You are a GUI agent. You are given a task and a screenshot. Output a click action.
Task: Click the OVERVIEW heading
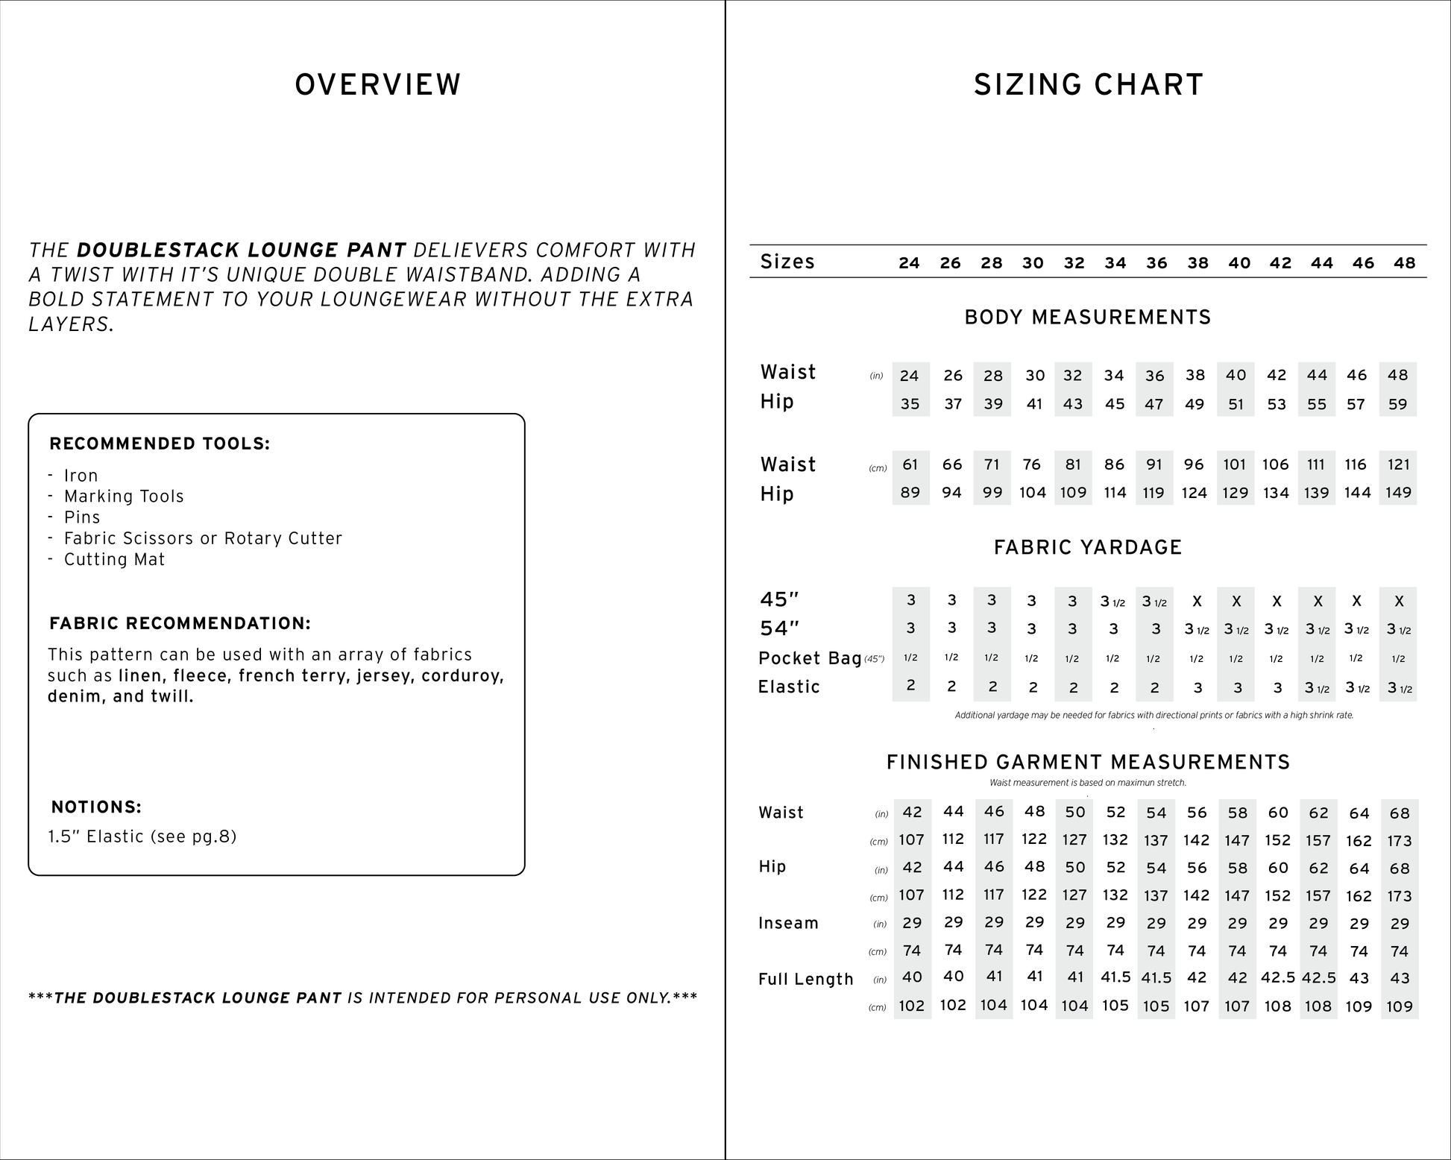tap(378, 85)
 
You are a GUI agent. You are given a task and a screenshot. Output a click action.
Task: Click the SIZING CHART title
tap(1089, 85)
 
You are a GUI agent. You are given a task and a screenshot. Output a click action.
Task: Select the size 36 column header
tap(1156, 262)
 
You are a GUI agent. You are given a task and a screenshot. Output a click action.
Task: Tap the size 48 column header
tap(1404, 262)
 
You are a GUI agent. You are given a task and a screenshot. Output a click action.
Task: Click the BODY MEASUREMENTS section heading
tap(1088, 318)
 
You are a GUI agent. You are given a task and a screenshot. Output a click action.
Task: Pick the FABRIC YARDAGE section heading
tap(1088, 548)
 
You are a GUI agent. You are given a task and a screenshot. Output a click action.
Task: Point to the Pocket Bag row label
tap(810, 658)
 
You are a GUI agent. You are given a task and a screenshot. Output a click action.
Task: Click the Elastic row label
tap(789, 687)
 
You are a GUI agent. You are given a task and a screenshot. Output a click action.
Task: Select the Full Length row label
tap(805, 979)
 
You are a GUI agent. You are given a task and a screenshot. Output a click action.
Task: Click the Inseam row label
tap(788, 923)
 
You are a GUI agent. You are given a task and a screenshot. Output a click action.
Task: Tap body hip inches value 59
tap(1398, 404)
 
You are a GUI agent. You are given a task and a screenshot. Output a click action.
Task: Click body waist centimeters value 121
tap(1399, 464)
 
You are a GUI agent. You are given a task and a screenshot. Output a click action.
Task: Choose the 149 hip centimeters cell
tap(1399, 493)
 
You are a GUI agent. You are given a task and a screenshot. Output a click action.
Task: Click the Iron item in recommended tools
tap(81, 476)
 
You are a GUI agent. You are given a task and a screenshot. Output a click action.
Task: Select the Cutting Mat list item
tap(114, 559)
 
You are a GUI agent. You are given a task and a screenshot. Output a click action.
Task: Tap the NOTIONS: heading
tap(96, 807)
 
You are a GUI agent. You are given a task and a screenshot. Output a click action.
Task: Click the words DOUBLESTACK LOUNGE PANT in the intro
tap(242, 250)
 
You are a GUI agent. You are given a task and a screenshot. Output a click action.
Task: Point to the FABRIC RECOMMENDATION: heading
tap(180, 623)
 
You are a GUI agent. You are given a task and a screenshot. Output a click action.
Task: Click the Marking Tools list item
tap(124, 497)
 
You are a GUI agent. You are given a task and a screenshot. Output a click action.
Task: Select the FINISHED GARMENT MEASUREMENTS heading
tap(1088, 762)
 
